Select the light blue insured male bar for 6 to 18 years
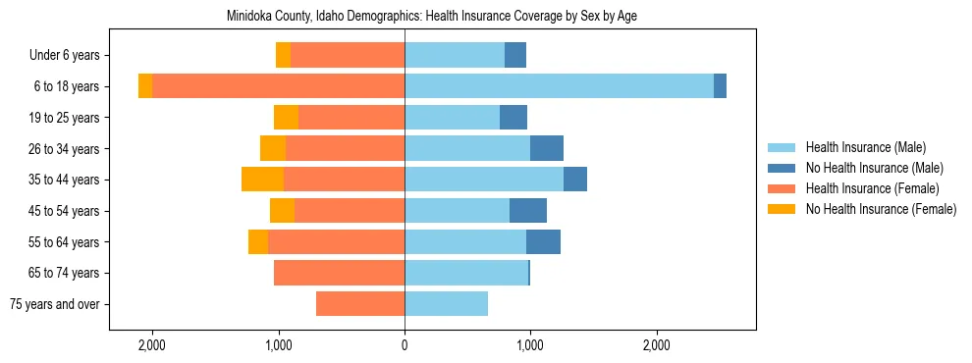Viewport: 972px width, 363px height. [x=559, y=86]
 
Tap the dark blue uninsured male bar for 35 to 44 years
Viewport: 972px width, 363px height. [x=575, y=180]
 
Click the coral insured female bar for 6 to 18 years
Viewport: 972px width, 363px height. [x=278, y=86]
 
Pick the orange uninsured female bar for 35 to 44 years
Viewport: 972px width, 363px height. [x=262, y=180]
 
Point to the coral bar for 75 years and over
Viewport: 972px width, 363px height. [x=360, y=304]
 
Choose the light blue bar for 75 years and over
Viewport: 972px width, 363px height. [x=446, y=304]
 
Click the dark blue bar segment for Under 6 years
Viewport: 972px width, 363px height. [x=515, y=55]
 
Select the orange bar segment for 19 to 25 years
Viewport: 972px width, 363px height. [x=286, y=118]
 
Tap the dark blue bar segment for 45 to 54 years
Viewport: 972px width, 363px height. [x=528, y=211]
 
